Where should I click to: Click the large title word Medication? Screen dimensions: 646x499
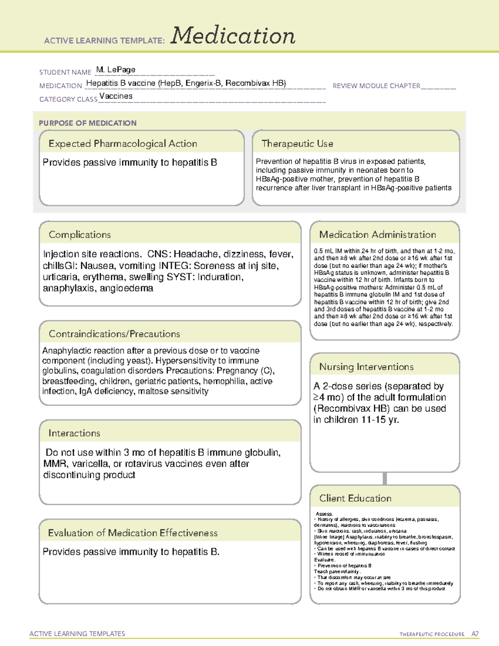[x=233, y=36]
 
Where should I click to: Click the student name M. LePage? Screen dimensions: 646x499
[x=116, y=69]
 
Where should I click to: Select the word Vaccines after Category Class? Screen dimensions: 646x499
[x=116, y=96]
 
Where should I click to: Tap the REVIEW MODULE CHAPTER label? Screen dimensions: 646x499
[x=376, y=86]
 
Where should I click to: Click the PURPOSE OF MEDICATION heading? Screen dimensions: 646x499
[x=87, y=123]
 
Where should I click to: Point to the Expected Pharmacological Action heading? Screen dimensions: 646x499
[x=123, y=144]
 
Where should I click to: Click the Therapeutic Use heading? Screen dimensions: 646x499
[x=297, y=144]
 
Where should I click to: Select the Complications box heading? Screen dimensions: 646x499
[x=80, y=235]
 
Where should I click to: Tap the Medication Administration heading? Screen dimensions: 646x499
[x=378, y=235]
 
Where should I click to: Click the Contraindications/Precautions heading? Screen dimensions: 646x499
[x=114, y=334]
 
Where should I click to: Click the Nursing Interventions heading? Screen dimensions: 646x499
[x=366, y=367]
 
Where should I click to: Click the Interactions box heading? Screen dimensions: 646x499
[x=74, y=433]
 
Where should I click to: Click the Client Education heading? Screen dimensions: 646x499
[x=356, y=498]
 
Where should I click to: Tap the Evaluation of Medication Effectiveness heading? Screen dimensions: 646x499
[x=133, y=533]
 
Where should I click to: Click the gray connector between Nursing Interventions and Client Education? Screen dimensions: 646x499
[x=385, y=478]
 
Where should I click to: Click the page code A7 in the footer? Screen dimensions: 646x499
[x=475, y=634]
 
